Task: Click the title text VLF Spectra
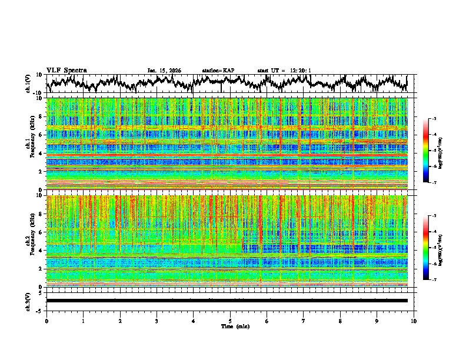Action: [66, 71]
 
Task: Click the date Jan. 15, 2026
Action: [164, 71]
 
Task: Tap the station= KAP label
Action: [218, 71]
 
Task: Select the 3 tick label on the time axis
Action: [157, 321]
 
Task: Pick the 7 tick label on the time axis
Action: [304, 321]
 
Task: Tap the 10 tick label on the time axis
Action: [414, 321]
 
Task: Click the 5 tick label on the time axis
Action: [230, 321]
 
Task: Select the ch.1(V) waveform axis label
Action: [28, 84]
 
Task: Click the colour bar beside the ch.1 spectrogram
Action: [425, 151]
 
